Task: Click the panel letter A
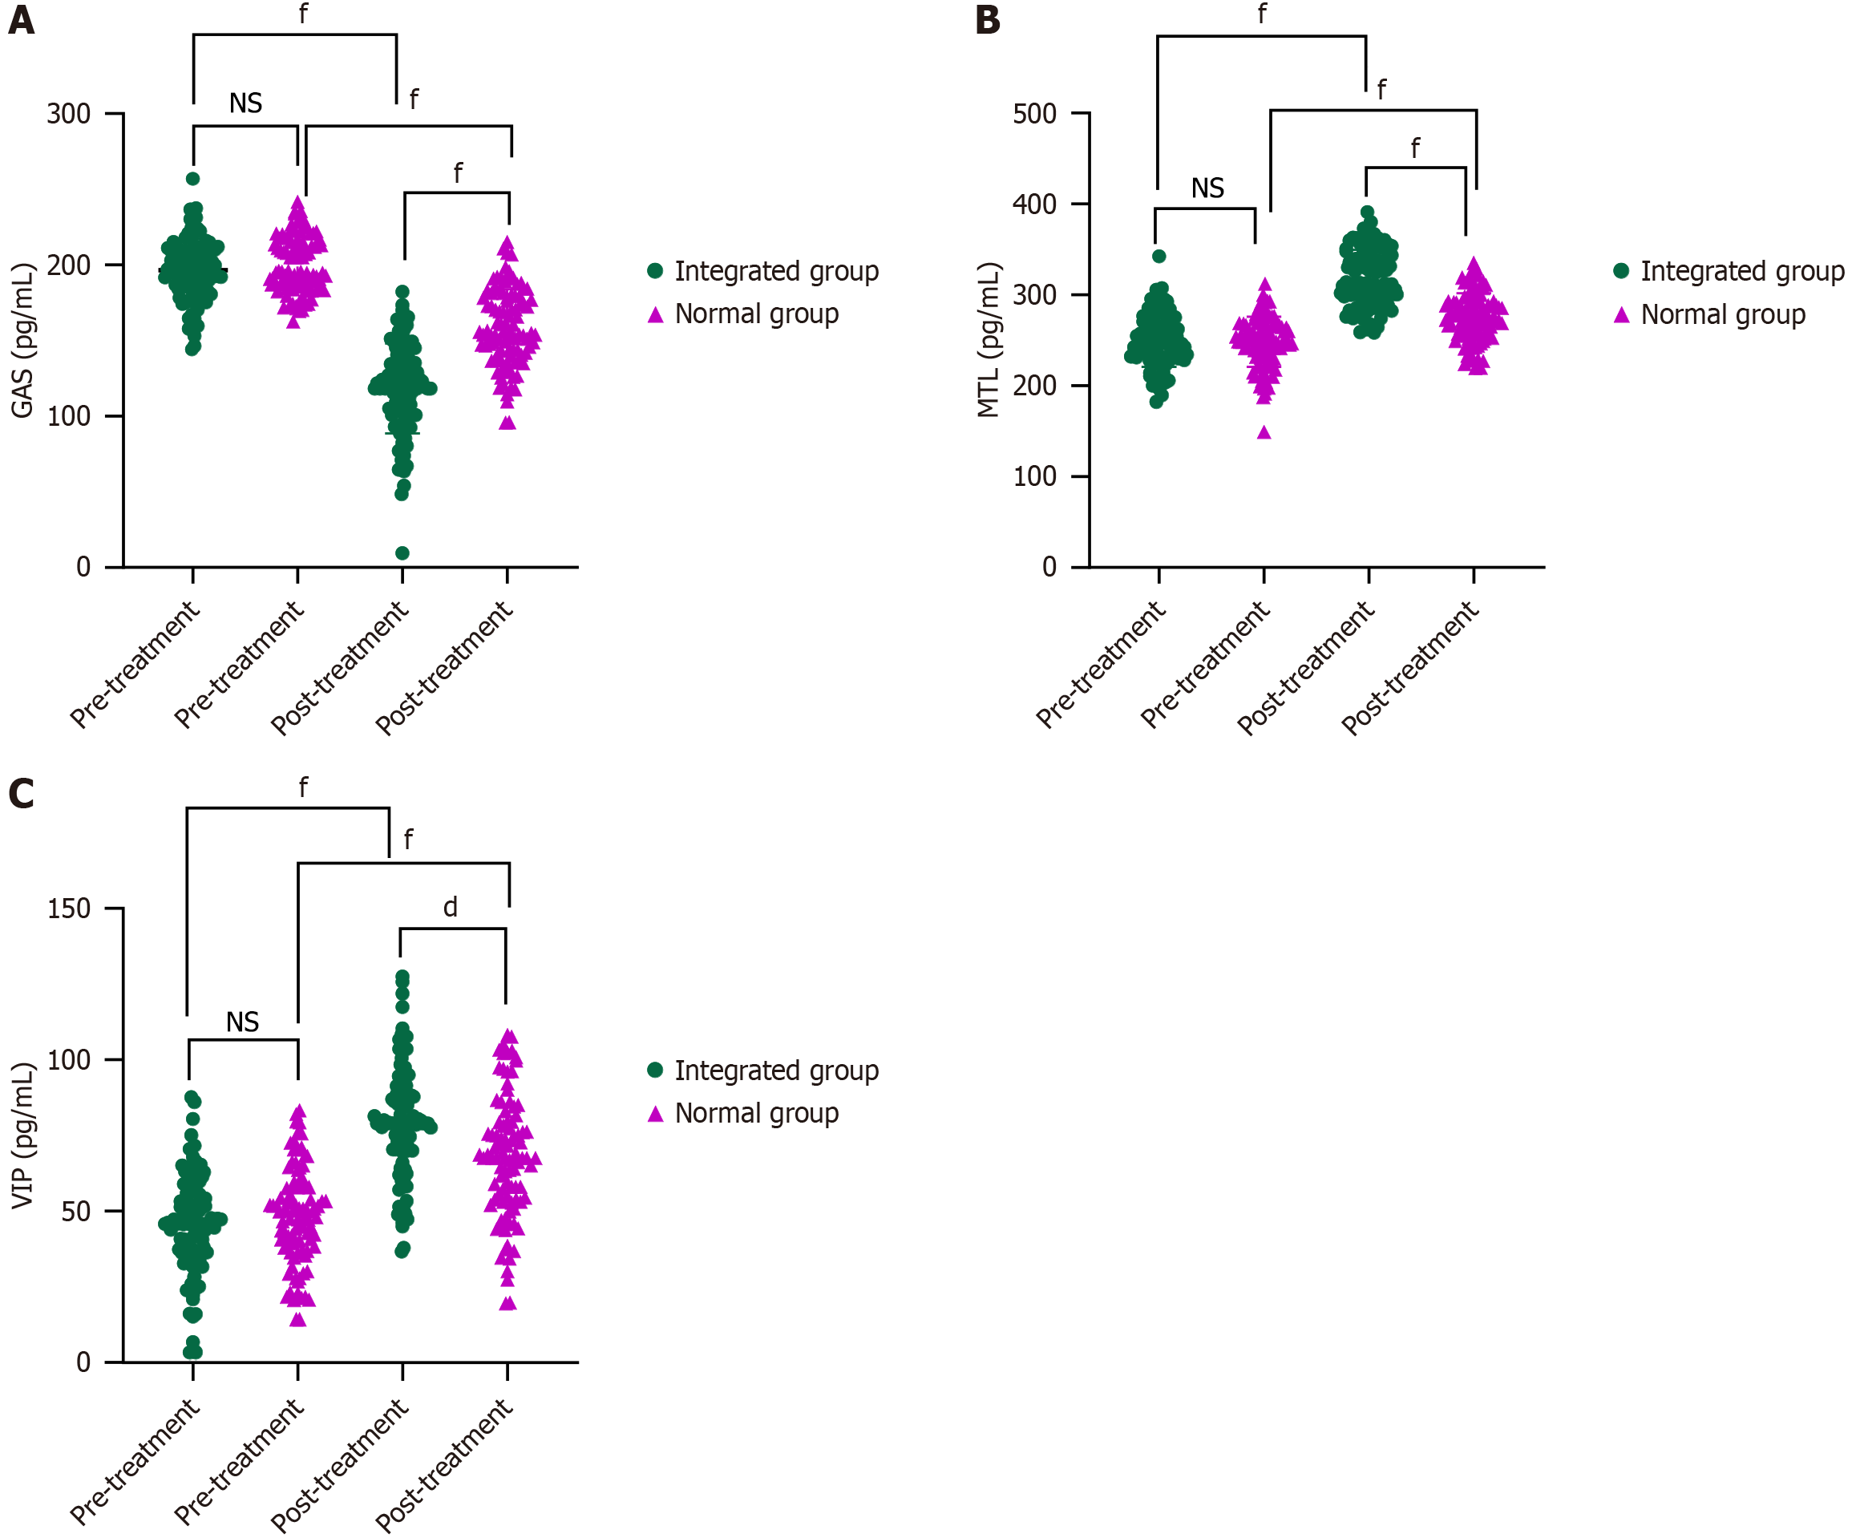[x=21, y=19]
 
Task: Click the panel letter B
[x=987, y=19]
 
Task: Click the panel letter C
[x=21, y=793]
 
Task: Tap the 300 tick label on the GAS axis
[x=69, y=114]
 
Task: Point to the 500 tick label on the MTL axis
[x=1035, y=114]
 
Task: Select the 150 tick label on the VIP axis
[x=69, y=909]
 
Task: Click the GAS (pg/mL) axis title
[x=22, y=340]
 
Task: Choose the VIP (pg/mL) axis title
[x=22, y=1135]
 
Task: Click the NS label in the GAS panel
[x=245, y=103]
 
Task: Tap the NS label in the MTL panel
[x=1207, y=188]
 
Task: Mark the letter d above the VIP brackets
[x=450, y=908]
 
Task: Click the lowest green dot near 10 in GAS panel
[x=402, y=553]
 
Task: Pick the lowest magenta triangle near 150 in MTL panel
[x=1264, y=432]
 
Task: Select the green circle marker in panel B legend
[x=1621, y=271]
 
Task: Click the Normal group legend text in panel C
[x=757, y=1113]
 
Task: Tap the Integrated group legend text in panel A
[x=776, y=271]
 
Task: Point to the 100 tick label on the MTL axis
[x=1035, y=476]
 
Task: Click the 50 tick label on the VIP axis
[x=76, y=1211]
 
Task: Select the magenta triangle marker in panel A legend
[x=655, y=314]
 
